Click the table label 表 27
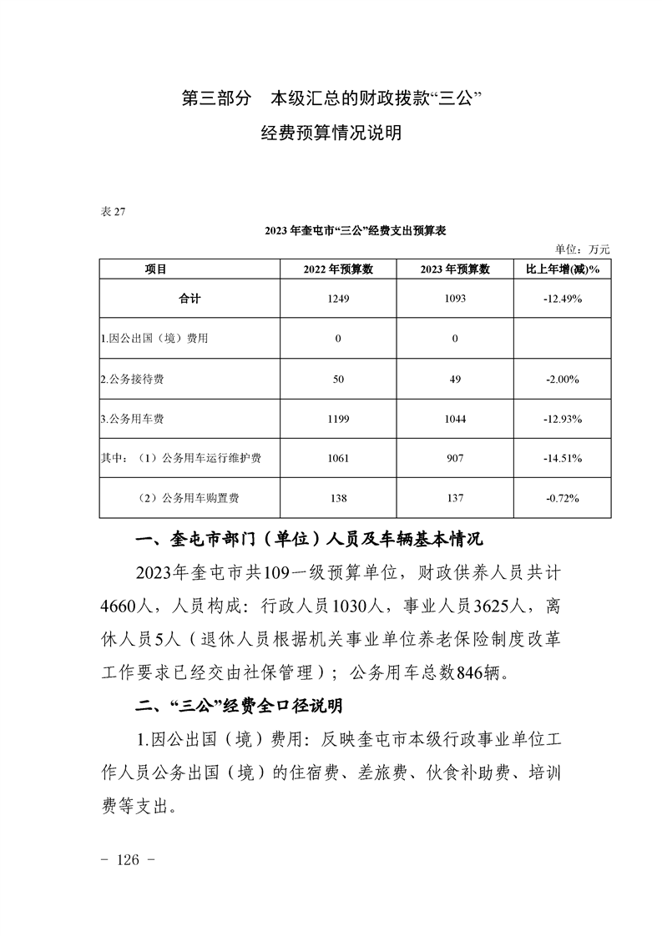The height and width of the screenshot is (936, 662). pyautogui.click(x=113, y=211)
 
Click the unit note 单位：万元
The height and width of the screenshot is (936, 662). pyautogui.click(x=583, y=249)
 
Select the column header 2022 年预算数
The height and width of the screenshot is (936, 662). pyautogui.click(x=338, y=269)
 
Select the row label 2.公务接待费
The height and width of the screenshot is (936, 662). pyautogui.click(x=132, y=379)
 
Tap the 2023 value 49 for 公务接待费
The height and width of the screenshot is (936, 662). pyautogui.click(x=455, y=379)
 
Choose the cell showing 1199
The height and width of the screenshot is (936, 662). pyautogui.click(x=338, y=419)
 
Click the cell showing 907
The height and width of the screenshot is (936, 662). pyautogui.click(x=455, y=458)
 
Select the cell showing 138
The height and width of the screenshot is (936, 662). pyautogui.click(x=338, y=498)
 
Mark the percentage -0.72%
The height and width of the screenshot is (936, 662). pyautogui.click(x=558, y=498)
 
